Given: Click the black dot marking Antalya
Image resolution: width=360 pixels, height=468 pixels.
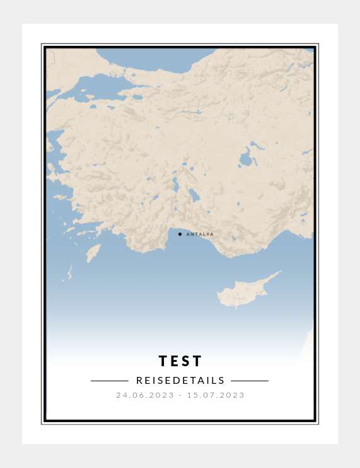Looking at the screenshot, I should coord(180,234).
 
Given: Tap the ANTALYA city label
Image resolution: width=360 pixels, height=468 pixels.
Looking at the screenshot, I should coord(200,234).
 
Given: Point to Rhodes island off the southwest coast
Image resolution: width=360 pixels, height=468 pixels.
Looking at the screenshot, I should coord(93,253).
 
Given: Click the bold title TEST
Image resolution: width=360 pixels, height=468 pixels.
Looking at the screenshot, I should coord(180,361).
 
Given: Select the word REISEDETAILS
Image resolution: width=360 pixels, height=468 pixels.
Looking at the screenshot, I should coord(180,381).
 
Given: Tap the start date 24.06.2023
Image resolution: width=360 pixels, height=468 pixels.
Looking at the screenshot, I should coord(144,395).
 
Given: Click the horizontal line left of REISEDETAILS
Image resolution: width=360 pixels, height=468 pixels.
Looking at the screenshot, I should coord(109,381).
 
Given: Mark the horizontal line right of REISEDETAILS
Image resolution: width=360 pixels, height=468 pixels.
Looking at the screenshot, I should coord(249,381).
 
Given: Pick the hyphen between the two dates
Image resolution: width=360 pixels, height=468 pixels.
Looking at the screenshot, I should coord(180,395).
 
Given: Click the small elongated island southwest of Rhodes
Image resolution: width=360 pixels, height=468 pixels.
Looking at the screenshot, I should coord(69,273).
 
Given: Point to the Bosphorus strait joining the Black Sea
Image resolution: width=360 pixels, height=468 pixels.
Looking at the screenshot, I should coord(133,77).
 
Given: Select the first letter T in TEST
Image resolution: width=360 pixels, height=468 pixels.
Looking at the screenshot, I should coord(163,361).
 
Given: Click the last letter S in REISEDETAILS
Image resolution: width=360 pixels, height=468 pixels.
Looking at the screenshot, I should coord(222,381).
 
